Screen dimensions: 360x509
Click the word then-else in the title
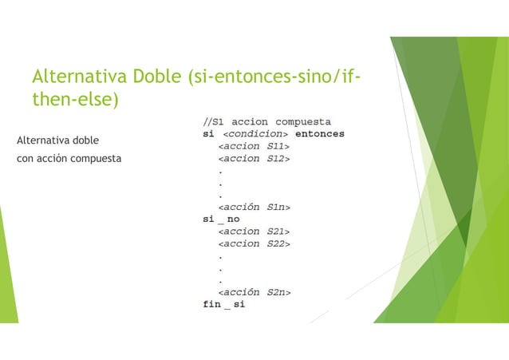click(74, 99)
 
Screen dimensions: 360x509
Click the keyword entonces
click(318, 134)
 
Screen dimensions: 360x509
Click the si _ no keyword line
click(221, 220)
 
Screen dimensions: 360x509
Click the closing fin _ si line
click(223, 305)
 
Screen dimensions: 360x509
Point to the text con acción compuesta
click(69, 159)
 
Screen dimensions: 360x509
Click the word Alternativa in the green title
click(75, 77)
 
